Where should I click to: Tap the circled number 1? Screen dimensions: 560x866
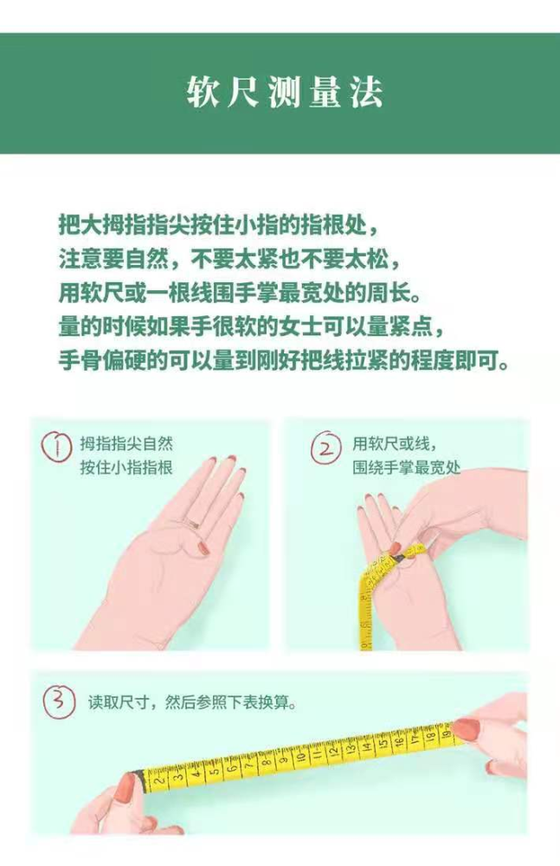(57, 447)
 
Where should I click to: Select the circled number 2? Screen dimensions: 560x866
(325, 448)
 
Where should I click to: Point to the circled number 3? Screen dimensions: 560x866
(59, 702)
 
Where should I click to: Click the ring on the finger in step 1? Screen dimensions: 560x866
(192, 522)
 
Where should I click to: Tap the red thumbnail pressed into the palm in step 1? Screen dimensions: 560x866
(203, 548)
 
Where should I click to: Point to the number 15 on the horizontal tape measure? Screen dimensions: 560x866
(382, 745)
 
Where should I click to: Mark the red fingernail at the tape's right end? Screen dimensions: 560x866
(467, 728)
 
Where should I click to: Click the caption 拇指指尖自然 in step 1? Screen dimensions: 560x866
(126, 443)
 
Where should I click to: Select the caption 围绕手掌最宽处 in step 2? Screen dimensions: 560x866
(407, 468)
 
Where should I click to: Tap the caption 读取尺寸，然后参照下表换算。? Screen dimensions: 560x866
(193, 702)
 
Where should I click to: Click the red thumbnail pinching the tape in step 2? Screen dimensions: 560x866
(395, 548)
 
